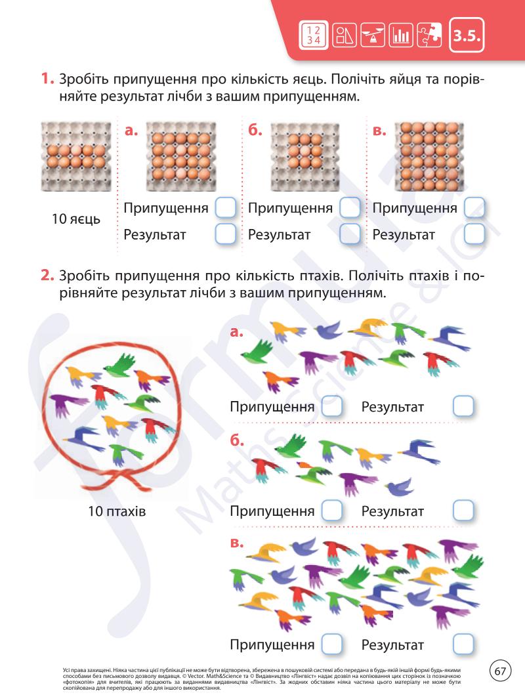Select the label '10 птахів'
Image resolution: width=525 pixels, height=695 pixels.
pyautogui.click(x=117, y=511)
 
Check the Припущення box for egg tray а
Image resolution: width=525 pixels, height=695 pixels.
pyautogui.click(x=225, y=209)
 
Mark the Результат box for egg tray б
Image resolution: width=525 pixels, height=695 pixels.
pyautogui.click(x=350, y=234)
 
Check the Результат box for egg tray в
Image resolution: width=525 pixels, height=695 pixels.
pyautogui.click(x=474, y=234)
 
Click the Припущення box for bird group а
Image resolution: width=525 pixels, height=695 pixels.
pyautogui.click(x=332, y=407)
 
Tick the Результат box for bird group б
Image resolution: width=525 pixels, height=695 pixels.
pyautogui.click(x=463, y=511)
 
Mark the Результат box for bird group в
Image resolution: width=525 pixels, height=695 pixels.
pyautogui.click(x=463, y=644)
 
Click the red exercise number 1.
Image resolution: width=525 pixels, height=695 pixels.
pyautogui.click(x=47, y=80)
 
